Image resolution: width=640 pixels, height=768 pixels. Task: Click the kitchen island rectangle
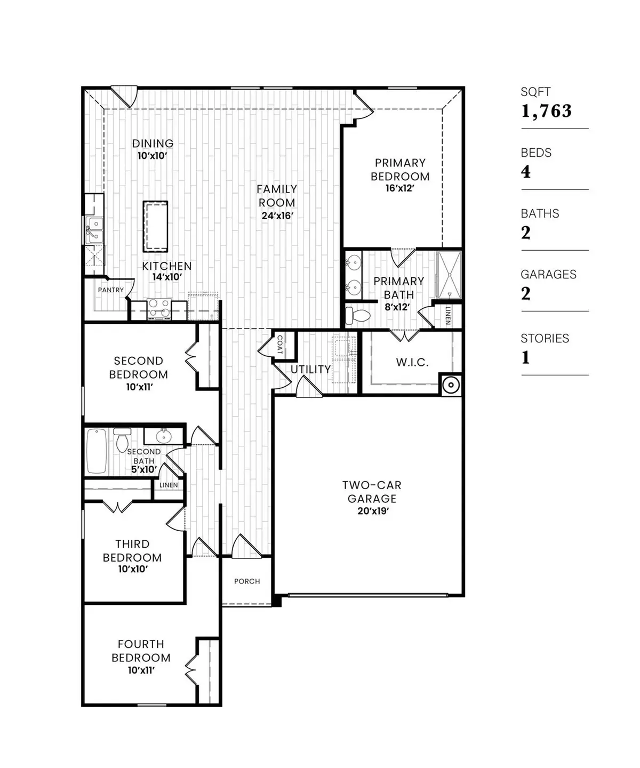[155, 226]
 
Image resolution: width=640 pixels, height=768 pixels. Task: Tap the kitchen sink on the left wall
[94, 230]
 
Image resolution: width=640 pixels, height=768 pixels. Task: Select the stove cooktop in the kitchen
[159, 309]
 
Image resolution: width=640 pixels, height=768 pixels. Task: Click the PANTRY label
[111, 290]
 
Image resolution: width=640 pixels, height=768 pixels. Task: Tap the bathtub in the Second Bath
[97, 451]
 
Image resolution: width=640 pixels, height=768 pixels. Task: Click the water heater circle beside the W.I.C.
[451, 385]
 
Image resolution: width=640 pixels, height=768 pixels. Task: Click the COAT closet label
[279, 345]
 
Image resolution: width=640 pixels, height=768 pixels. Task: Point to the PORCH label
[247, 581]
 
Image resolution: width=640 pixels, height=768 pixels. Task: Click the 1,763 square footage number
[546, 111]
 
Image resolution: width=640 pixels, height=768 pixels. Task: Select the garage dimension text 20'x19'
[372, 511]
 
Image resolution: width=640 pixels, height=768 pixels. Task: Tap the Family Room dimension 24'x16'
[277, 216]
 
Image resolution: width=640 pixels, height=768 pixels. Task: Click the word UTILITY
[310, 369]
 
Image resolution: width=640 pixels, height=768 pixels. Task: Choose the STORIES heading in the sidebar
[545, 339]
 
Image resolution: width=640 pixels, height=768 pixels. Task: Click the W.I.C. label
[412, 363]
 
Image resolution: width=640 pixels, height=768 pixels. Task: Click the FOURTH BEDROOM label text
[141, 651]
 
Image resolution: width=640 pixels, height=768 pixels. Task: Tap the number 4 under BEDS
[526, 172]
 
